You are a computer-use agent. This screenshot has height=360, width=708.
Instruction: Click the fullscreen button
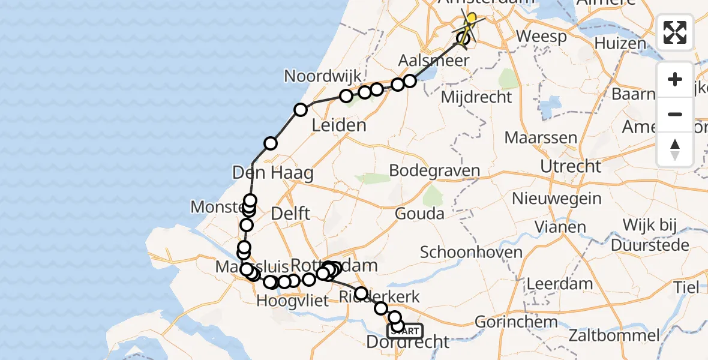[x=675, y=32]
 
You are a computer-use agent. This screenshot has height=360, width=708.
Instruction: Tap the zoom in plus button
[x=675, y=79]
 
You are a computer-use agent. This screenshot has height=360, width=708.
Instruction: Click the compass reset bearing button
[x=675, y=149]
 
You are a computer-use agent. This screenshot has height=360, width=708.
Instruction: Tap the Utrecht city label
[x=570, y=166]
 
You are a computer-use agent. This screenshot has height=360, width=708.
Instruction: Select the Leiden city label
[x=339, y=125]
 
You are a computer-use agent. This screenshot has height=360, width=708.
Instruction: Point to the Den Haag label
[x=273, y=174]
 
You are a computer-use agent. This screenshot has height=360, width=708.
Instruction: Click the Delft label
[x=290, y=213]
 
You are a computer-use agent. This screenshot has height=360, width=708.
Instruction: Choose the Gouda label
[x=420, y=214]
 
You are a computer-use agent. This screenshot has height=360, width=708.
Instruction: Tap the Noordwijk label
[x=323, y=76]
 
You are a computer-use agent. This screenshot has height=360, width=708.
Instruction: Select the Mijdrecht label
[x=476, y=97]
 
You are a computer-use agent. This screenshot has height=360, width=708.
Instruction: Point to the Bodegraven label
[x=434, y=170]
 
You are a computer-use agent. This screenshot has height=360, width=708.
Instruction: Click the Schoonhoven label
[x=471, y=252]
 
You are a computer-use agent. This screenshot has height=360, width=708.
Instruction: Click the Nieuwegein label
[x=557, y=197]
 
